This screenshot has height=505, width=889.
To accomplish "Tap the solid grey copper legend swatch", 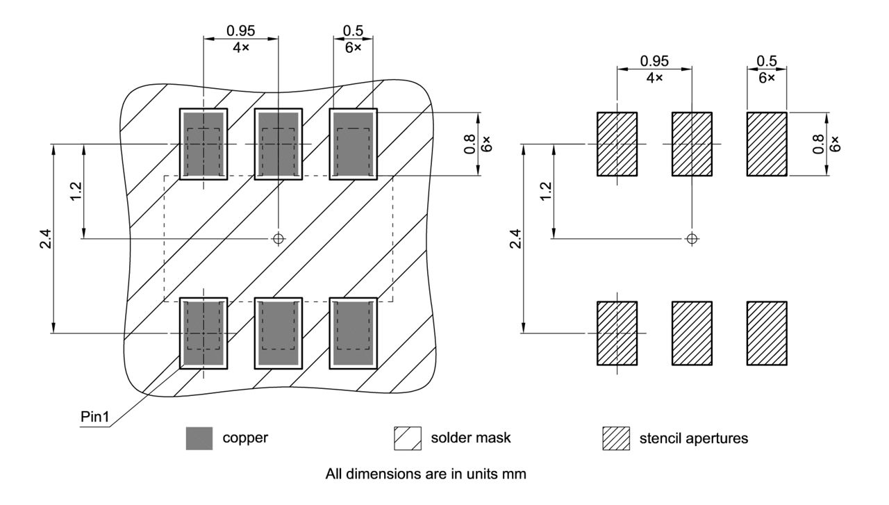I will click(199, 438).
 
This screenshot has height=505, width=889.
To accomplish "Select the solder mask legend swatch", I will click(408, 438).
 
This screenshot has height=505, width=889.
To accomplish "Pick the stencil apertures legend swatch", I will click(616, 438).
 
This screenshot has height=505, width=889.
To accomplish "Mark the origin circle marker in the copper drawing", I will click(278, 238).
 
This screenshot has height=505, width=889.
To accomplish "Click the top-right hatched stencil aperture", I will click(767, 144).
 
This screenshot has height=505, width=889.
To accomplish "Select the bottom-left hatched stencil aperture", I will click(617, 333).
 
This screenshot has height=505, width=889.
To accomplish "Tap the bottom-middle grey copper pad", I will click(278, 333).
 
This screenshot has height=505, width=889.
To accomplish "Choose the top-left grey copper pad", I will click(203, 144).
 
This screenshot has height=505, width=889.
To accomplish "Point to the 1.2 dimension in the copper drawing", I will click(76, 190).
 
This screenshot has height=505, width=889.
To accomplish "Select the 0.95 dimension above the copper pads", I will click(240, 31).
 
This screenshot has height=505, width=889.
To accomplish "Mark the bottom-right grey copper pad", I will click(353, 333).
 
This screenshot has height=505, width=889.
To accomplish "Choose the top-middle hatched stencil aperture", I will click(692, 144).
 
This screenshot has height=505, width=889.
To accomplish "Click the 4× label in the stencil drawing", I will click(654, 78).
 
